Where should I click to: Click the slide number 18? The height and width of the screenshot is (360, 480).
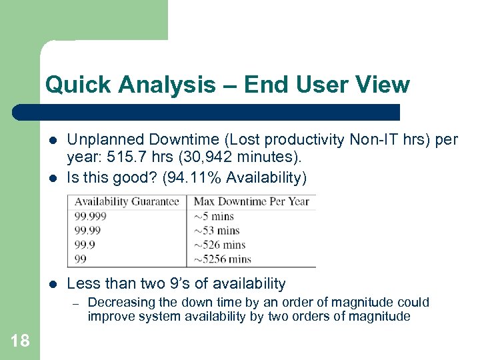click(x=20, y=341)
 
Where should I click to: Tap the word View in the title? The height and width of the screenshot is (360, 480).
click(x=383, y=85)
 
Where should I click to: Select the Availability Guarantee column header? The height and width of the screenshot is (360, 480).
click(x=127, y=201)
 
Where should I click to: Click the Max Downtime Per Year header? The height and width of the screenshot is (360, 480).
click(x=251, y=201)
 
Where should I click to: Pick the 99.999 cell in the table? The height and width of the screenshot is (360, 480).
click(x=91, y=216)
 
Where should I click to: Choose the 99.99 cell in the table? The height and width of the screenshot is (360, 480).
click(x=88, y=231)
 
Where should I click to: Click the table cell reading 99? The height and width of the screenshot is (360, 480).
click(x=80, y=259)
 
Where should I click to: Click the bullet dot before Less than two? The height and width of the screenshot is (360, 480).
click(x=52, y=284)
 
